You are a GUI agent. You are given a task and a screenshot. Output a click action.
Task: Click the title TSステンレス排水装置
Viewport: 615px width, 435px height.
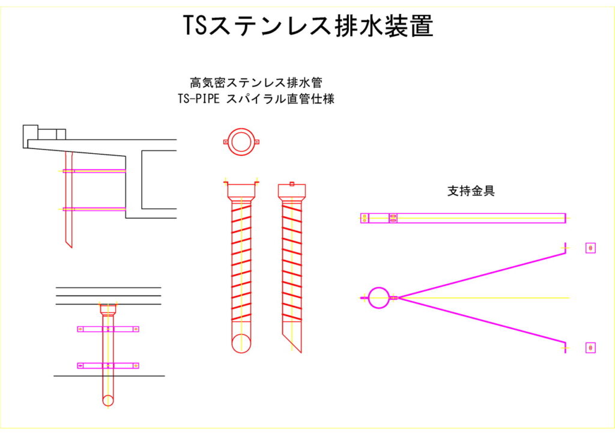pos(307,26)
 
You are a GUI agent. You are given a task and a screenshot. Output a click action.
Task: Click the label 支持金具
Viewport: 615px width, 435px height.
pos(471,191)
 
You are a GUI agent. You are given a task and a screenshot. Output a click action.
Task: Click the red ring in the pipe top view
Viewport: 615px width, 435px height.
pos(241,142)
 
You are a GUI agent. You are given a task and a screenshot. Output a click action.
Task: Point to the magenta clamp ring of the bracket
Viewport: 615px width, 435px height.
pos(379,297)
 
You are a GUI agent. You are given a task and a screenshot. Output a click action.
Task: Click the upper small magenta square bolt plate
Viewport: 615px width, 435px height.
pos(590,248)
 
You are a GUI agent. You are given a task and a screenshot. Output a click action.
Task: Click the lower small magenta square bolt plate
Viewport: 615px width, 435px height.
pos(590,348)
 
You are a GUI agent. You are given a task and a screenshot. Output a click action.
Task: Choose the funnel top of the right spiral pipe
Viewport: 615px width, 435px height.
pos(292,191)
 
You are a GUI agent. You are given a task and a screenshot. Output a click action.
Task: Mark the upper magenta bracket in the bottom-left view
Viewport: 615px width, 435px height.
pos(108,329)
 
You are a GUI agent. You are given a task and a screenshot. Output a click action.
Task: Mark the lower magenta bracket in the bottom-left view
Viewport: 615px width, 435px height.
pos(108,365)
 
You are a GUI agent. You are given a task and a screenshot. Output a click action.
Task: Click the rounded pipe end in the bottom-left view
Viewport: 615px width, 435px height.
pos(108,400)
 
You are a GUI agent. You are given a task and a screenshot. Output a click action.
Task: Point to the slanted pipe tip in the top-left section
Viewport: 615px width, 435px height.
pos(68,239)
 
